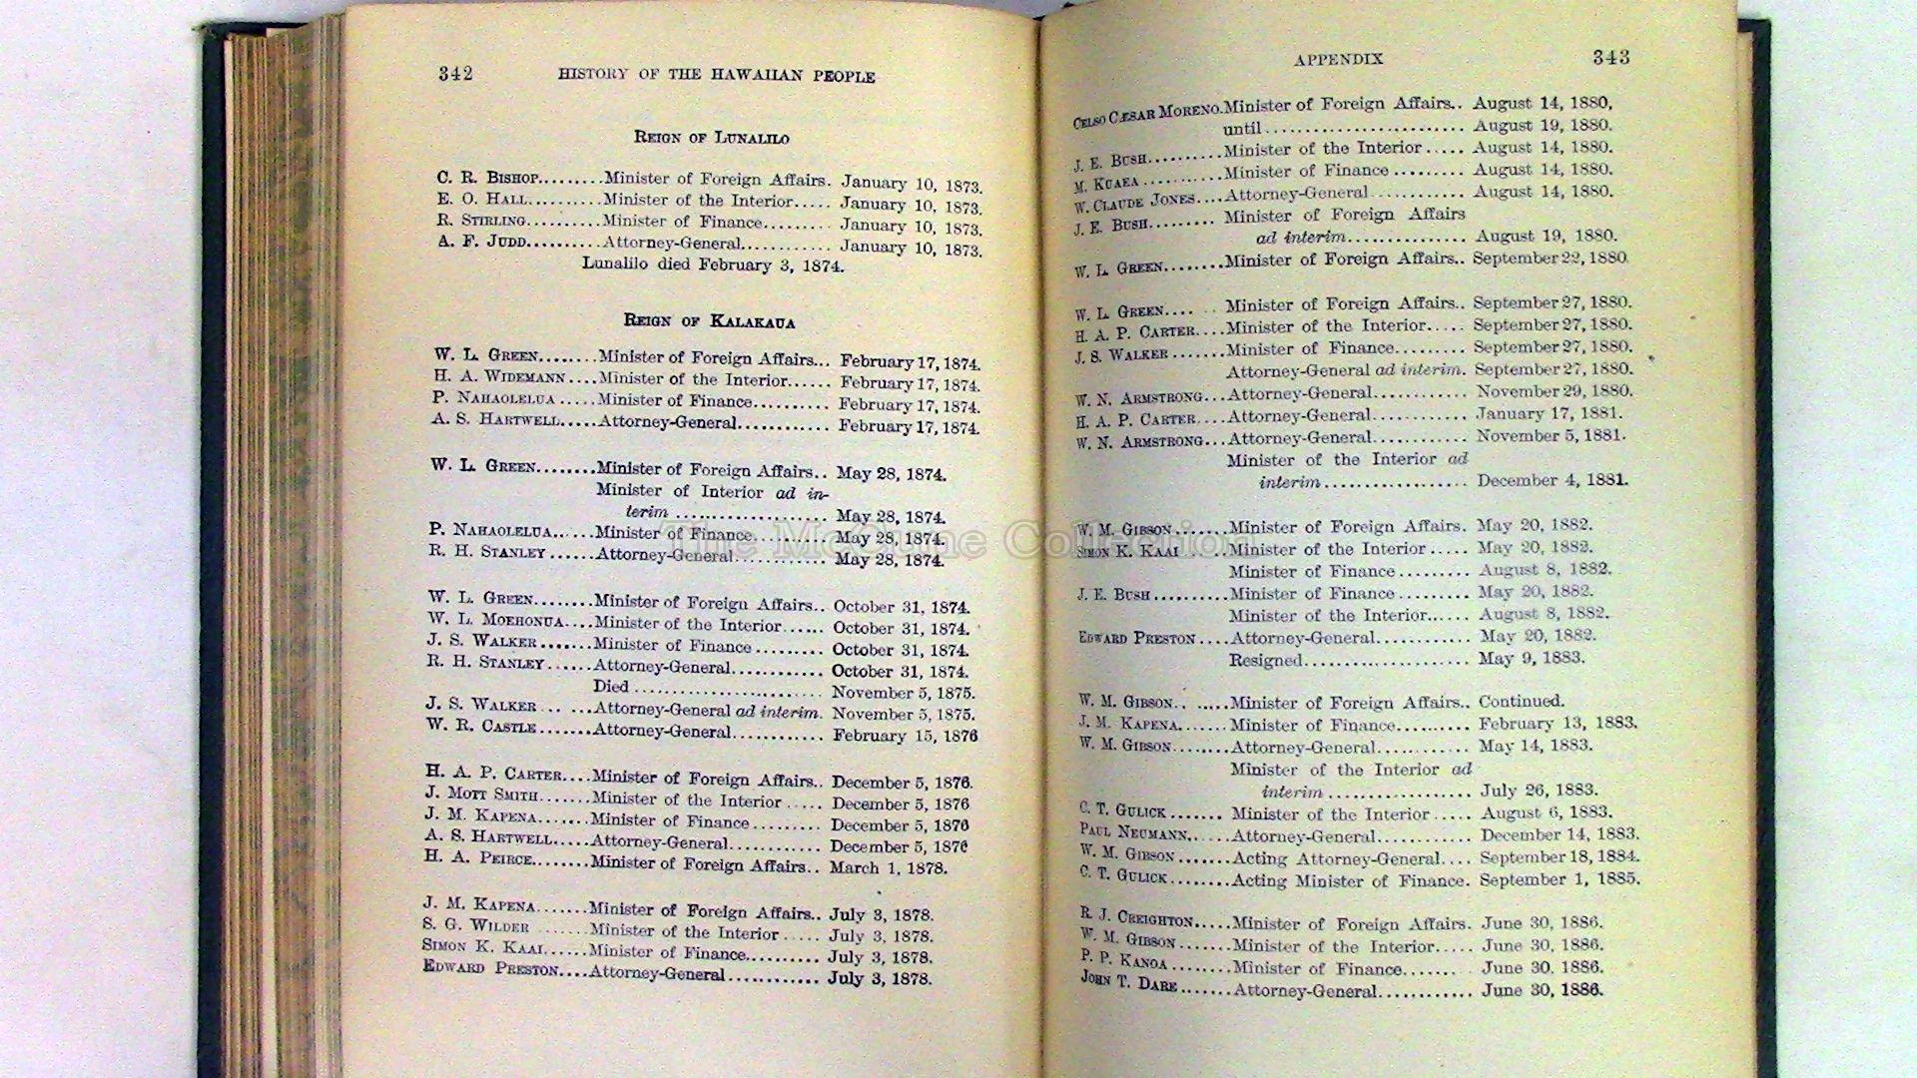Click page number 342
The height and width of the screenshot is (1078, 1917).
tap(454, 73)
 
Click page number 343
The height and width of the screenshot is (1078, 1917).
tap(1610, 57)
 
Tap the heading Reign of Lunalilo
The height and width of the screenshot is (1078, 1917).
tap(711, 137)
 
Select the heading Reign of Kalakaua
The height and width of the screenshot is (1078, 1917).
tap(709, 321)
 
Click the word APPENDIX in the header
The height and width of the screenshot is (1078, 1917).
tap(1338, 59)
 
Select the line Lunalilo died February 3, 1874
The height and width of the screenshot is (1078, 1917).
tap(713, 266)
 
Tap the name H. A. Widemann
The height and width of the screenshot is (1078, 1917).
tap(498, 377)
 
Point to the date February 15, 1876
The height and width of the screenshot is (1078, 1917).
tap(905, 736)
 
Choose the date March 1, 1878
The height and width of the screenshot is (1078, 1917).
tap(888, 868)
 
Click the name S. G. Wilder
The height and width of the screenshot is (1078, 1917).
tap(475, 925)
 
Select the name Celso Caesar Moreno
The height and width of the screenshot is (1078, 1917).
tap(1146, 113)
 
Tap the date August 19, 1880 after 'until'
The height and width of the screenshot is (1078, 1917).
tap(1543, 126)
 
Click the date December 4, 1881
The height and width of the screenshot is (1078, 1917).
tap(1553, 480)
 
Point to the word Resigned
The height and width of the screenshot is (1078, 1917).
tap(1265, 660)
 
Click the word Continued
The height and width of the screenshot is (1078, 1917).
tap(1521, 702)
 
